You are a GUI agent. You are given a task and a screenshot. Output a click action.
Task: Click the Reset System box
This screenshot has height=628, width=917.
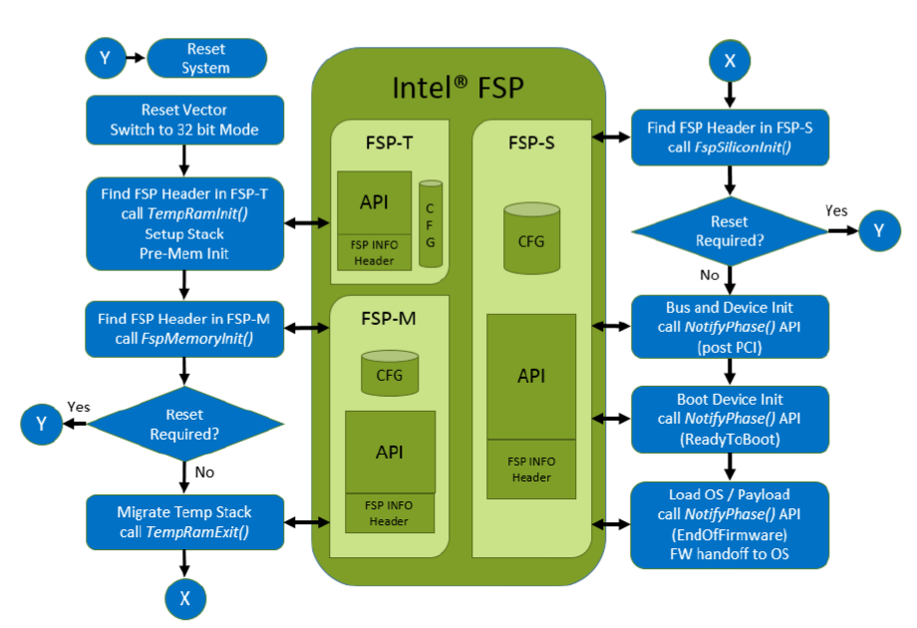click(206, 59)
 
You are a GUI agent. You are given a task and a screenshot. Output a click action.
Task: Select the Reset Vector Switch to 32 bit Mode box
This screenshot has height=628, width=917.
click(183, 120)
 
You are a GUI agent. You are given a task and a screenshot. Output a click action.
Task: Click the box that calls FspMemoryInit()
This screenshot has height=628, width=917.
click(183, 328)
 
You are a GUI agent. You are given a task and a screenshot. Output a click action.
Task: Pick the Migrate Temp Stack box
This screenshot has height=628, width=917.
click(183, 521)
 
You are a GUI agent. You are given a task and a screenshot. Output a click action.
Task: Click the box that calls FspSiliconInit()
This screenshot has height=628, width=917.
click(730, 137)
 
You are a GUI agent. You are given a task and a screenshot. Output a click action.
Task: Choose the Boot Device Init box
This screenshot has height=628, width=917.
click(730, 418)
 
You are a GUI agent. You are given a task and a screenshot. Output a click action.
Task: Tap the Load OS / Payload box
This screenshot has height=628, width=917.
click(730, 524)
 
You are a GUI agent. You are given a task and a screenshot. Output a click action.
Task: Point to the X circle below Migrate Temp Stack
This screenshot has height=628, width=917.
click(183, 598)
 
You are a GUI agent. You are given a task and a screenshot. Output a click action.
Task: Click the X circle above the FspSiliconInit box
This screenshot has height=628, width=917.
click(730, 61)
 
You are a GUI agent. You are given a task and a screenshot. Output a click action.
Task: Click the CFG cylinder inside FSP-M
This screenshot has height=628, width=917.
click(390, 372)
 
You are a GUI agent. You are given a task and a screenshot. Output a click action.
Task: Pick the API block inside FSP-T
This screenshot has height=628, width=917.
click(374, 203)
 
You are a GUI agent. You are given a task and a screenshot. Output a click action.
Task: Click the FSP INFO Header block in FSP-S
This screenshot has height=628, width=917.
click(531, 469)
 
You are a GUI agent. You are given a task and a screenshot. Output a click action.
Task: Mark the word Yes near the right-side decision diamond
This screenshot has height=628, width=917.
click(837, 210)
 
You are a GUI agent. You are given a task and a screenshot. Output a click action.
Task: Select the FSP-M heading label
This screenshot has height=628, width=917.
click(389, 321)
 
